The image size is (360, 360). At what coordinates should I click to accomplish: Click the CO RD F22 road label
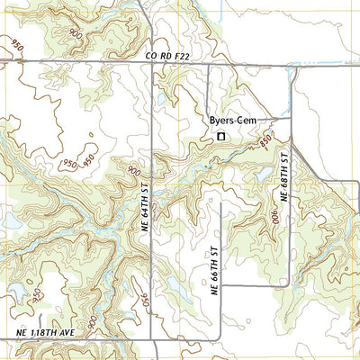[168, 56]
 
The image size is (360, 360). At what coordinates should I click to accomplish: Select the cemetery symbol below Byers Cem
[220, 137]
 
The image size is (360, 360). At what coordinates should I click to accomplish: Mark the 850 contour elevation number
[265, 141]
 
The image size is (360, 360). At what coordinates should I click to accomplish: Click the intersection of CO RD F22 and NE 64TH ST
[151, 63]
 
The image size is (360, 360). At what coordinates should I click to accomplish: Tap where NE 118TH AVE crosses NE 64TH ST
[151, 340]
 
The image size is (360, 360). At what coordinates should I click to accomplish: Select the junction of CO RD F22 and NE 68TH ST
[292, 64]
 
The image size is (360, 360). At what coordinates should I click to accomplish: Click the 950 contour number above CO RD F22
[16, 43]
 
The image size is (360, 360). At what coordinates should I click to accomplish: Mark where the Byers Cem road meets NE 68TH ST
[290, 118]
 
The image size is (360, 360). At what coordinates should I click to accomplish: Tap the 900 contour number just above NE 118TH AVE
[92, 320]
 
